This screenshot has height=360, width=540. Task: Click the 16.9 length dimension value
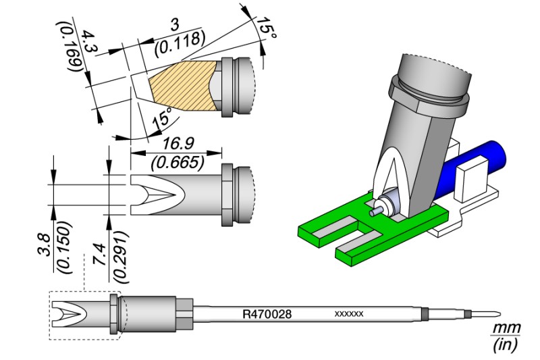(x=175, y=143)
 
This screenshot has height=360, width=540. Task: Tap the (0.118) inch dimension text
(x=179, y=45)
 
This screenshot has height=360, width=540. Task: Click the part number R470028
(x=267, y=315)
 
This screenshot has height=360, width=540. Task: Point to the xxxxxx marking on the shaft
(x=350, y=315)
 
